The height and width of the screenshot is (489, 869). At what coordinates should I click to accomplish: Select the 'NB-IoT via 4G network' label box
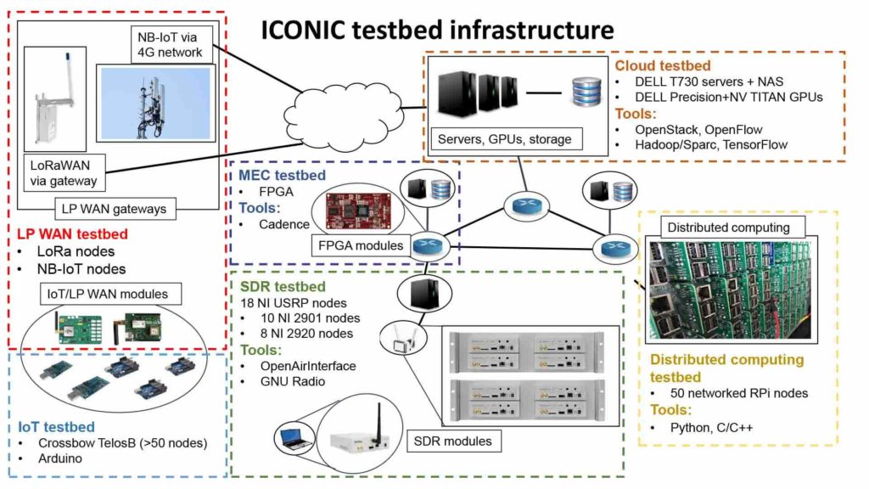(170, 44)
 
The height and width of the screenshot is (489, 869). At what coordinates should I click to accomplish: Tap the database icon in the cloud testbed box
(586, 89)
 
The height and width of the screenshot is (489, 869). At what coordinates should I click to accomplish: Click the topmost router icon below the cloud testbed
(520, 205)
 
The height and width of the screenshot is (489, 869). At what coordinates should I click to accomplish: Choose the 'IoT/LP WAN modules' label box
(104, 294)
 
